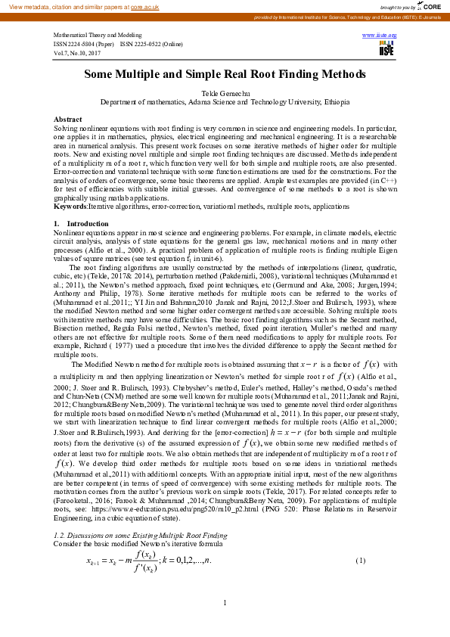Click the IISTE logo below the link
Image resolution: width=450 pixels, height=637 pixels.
coord(386,48)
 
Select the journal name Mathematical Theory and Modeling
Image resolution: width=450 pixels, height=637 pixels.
coord(98,36)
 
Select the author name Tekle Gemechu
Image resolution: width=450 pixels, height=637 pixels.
coord(225,93)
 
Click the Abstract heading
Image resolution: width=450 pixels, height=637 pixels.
coord(68,120)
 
